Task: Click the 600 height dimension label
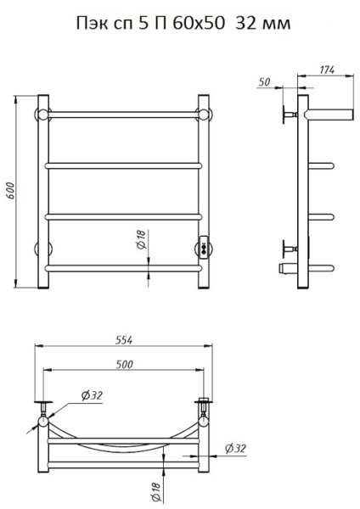pyautogui.click(x=10, y=191)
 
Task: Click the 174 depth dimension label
pyautogui.click(x=327, y=70)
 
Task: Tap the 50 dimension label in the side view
pyautogui.click(x=264, y=82)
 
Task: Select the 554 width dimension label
pyautogui.click(x=124, y=340)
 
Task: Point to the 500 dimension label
pyautogui.click(x=125, y=364)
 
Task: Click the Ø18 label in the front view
pyautogui.click(x=142, y=239)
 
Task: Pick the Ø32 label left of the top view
pyautogui.click(x=92, y=395)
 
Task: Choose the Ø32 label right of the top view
pyautogui.click(x=235, y=448)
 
